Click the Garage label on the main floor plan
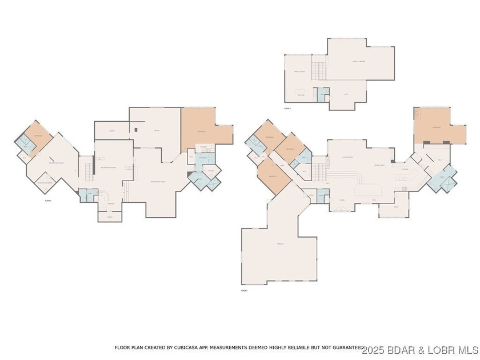point(280,244)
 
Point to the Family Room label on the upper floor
point(299,71)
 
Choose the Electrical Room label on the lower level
point(45,183)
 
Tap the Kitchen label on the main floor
point(405,169)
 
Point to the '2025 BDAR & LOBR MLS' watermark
point(419,348)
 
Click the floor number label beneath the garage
point(245,290)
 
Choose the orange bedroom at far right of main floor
point(436,126)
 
